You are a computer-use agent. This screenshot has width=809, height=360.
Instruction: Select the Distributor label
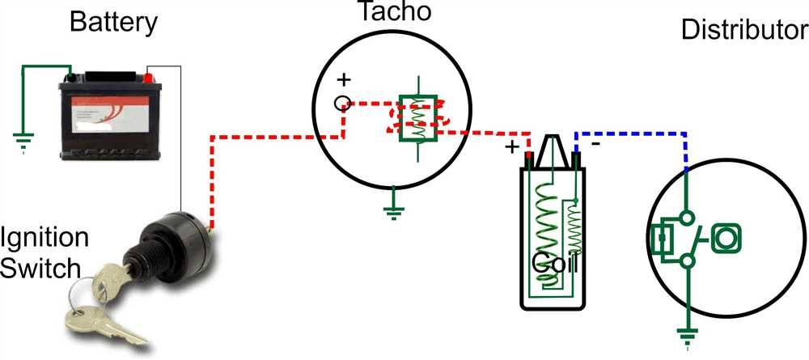click(x=744, y=30)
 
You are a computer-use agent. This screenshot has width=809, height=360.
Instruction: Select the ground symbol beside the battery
click(x=23, y=143)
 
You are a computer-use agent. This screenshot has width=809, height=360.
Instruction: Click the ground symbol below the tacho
click(x=392, y=212)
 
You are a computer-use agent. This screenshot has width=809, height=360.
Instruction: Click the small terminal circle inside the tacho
click(x=343, y=103)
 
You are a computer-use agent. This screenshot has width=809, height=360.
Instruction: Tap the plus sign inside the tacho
click(x=344, y=80)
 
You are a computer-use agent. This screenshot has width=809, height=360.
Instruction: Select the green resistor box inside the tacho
click(x=417, y=120)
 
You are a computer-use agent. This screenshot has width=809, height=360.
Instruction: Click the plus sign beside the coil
click(x=511, y=147)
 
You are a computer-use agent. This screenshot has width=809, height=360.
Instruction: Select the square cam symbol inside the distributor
click(x=725, y=238)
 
